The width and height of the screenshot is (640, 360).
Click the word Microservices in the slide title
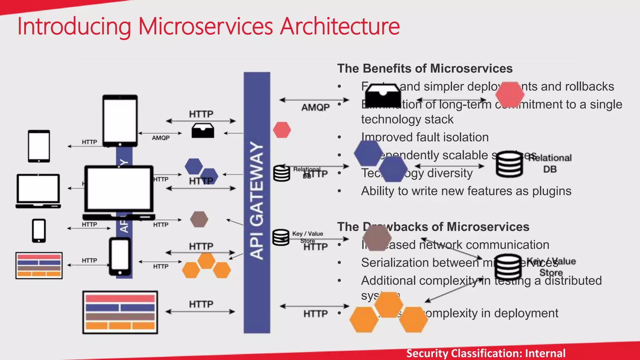tap(205, 26)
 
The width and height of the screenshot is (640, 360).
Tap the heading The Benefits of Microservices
tap(425, 68)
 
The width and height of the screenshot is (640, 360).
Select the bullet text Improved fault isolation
tap(425, 137)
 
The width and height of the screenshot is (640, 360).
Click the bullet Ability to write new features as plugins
tap(466, 191)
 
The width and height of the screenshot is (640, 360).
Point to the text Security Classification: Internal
tap(486, 353)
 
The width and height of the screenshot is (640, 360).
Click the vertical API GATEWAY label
tap(257, 200)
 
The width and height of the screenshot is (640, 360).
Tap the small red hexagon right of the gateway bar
tap(282, 130)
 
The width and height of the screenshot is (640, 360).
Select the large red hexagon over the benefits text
tap(510, 94)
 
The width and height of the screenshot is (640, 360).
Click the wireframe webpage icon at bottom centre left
tap(120, 312)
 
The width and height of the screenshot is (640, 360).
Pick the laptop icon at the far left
tap(38, 191)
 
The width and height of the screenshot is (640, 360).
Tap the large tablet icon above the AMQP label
tap(120, 120)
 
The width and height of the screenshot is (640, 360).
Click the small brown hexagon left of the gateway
tap(199, 219)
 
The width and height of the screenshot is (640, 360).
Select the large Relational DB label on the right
tap(550, 163)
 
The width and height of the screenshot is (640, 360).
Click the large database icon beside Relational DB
tap(509, 164)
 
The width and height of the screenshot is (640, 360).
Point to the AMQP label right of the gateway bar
tap(315, 107)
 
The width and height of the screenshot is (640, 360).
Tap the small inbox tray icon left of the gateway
tap(203, 131)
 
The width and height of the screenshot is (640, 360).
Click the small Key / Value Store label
tap(307, 237)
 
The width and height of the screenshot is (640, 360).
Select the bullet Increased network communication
tap(455, 245)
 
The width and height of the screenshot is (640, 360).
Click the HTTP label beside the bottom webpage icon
tap(201, 304)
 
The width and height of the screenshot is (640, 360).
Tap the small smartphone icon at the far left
tap(39, 231)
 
